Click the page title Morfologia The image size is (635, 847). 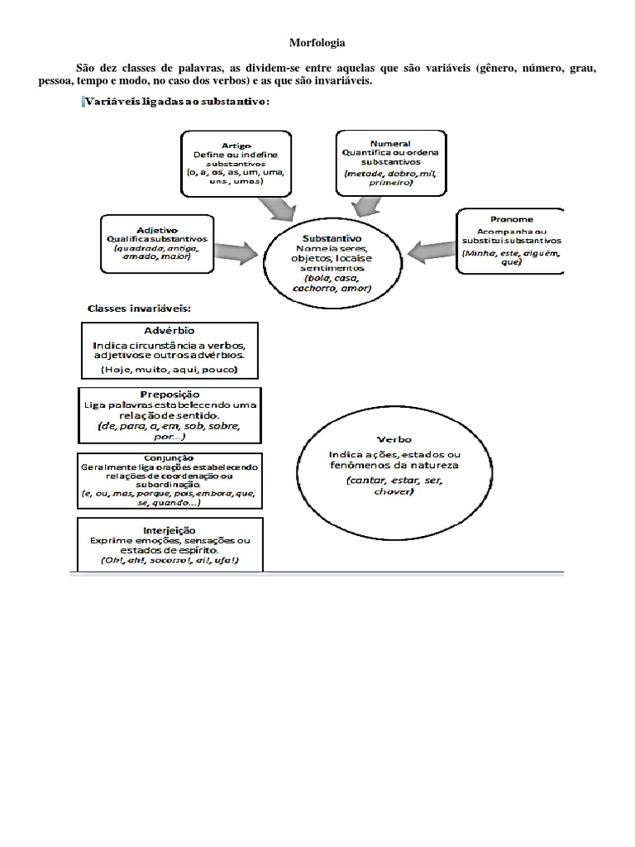point(317,41)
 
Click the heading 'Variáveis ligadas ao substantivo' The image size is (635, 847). point(175,102)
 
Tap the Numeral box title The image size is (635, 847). point(391,142)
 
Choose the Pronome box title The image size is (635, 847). point(511,221)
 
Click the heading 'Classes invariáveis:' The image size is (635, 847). point(139,308)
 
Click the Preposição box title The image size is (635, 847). point(169,395)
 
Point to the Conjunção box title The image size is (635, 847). point(169,457)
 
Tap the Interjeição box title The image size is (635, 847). point(169,529)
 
